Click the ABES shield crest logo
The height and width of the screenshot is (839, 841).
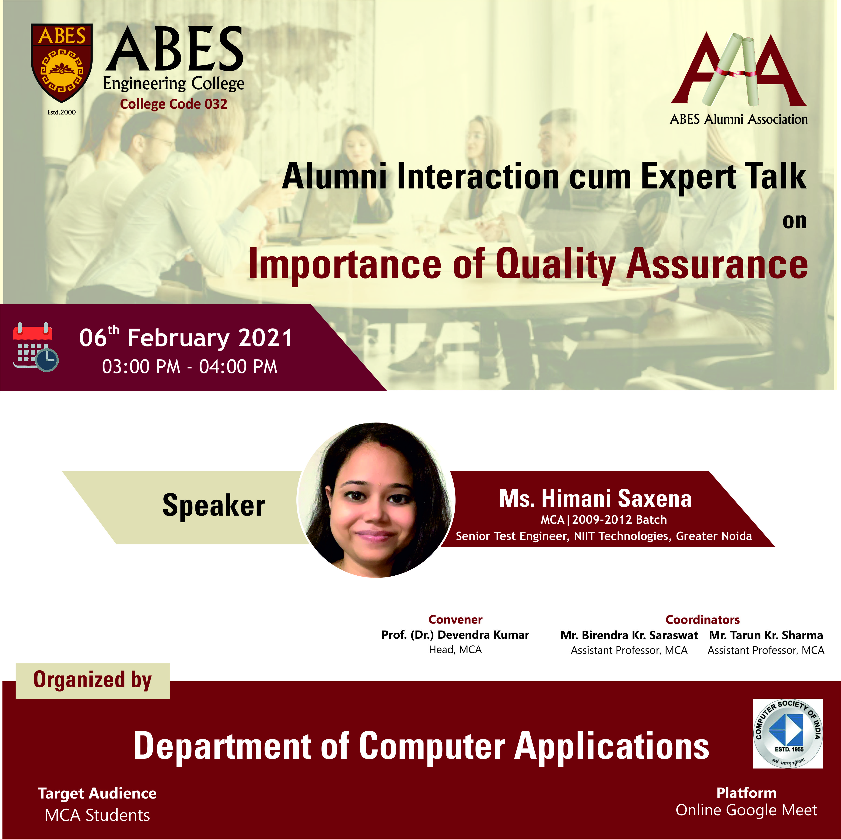[x=61, y=63]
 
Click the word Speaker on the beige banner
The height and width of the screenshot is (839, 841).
[x=213, y=506]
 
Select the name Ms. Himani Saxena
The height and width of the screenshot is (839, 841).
[x=595, y=499]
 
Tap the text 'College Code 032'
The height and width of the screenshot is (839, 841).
[x=174, y=104]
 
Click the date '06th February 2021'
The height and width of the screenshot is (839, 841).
[x=186, y=337]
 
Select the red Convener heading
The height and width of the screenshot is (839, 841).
[x=455, y=620]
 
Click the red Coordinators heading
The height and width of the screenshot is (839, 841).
[x=703, y=620]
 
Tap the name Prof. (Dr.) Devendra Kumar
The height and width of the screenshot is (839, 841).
[x=455, y=635]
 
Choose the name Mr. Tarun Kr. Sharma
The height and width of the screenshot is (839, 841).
[x=766, y=635]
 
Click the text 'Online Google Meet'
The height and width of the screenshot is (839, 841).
[x=746, y=810]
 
